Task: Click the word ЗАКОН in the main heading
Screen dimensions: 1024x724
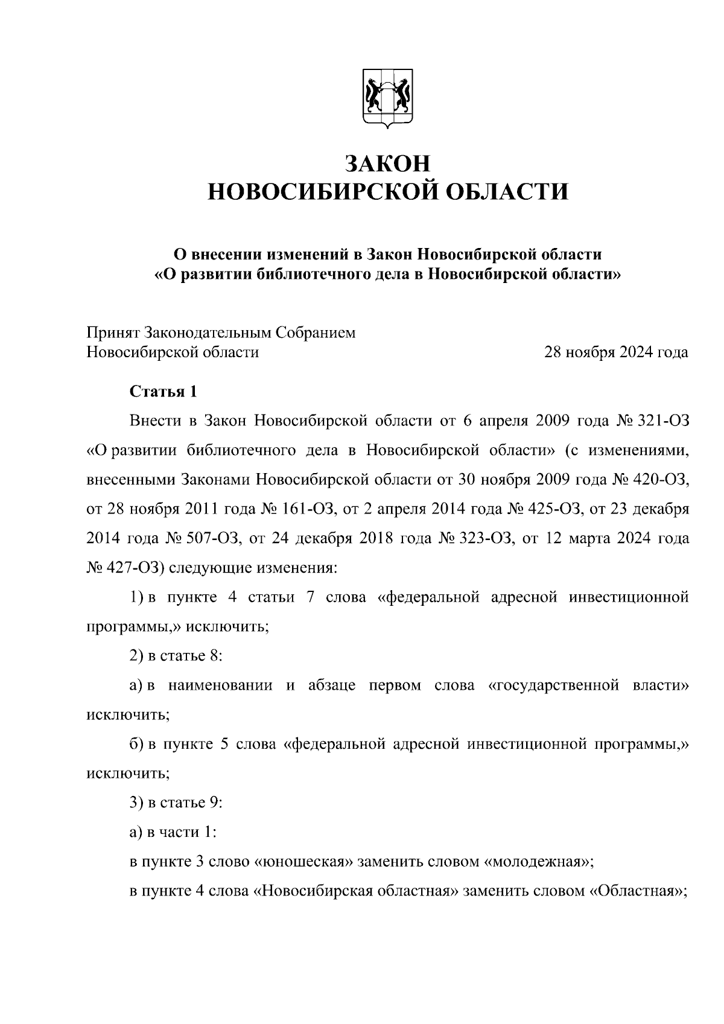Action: pos(387,163)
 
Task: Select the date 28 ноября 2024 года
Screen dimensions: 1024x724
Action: pos(616,352)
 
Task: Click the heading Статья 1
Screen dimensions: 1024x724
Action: pos(164,391)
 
